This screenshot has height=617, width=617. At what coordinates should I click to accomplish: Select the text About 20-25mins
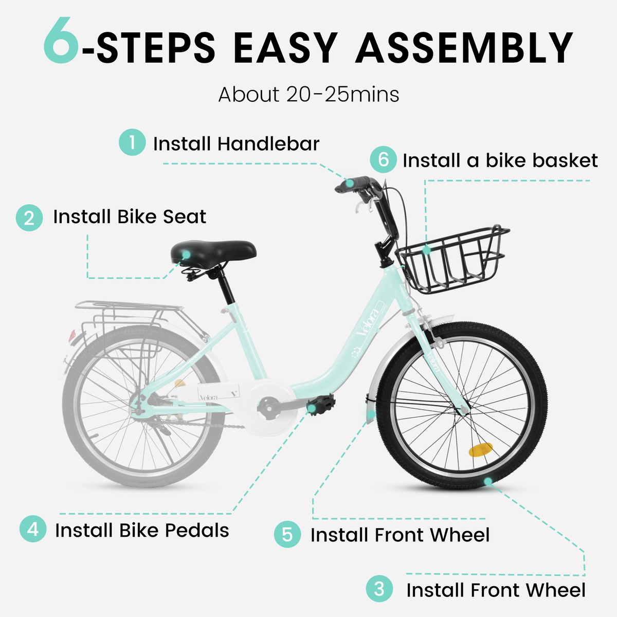[x=308, y=95]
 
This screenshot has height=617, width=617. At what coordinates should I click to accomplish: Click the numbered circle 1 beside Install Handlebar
[x=132, y=142]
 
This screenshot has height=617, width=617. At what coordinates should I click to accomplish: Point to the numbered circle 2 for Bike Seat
[x=29, y=217]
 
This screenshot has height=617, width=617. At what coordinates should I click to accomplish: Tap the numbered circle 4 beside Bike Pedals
[x=33, y=529]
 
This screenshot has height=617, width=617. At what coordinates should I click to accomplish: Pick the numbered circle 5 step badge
[x=287, y=534]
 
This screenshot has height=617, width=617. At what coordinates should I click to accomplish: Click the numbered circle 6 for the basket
[x=384, y=159]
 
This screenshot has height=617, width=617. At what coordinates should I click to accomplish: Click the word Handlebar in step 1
[x=268, y=143]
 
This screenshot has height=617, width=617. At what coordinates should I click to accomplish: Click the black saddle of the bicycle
[x=213, y=253]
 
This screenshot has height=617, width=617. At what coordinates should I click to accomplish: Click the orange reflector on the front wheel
[x=481, y=449]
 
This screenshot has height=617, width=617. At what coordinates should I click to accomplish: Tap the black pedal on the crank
[x=321, y=404]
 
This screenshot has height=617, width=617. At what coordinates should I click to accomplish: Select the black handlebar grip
[x=352, y=184]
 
